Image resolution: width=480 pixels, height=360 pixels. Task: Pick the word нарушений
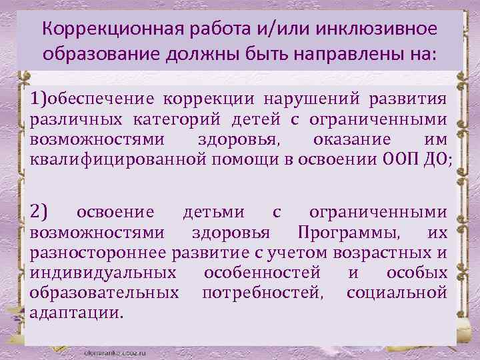[x=309, y=99]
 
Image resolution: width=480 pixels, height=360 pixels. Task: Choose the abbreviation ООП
[x=402, y=160]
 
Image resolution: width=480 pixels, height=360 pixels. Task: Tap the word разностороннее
[x=99, y=253]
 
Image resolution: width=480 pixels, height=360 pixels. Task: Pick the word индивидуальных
[x=102, y=273]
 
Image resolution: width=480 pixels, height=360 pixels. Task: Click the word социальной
[x=396, y=292]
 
